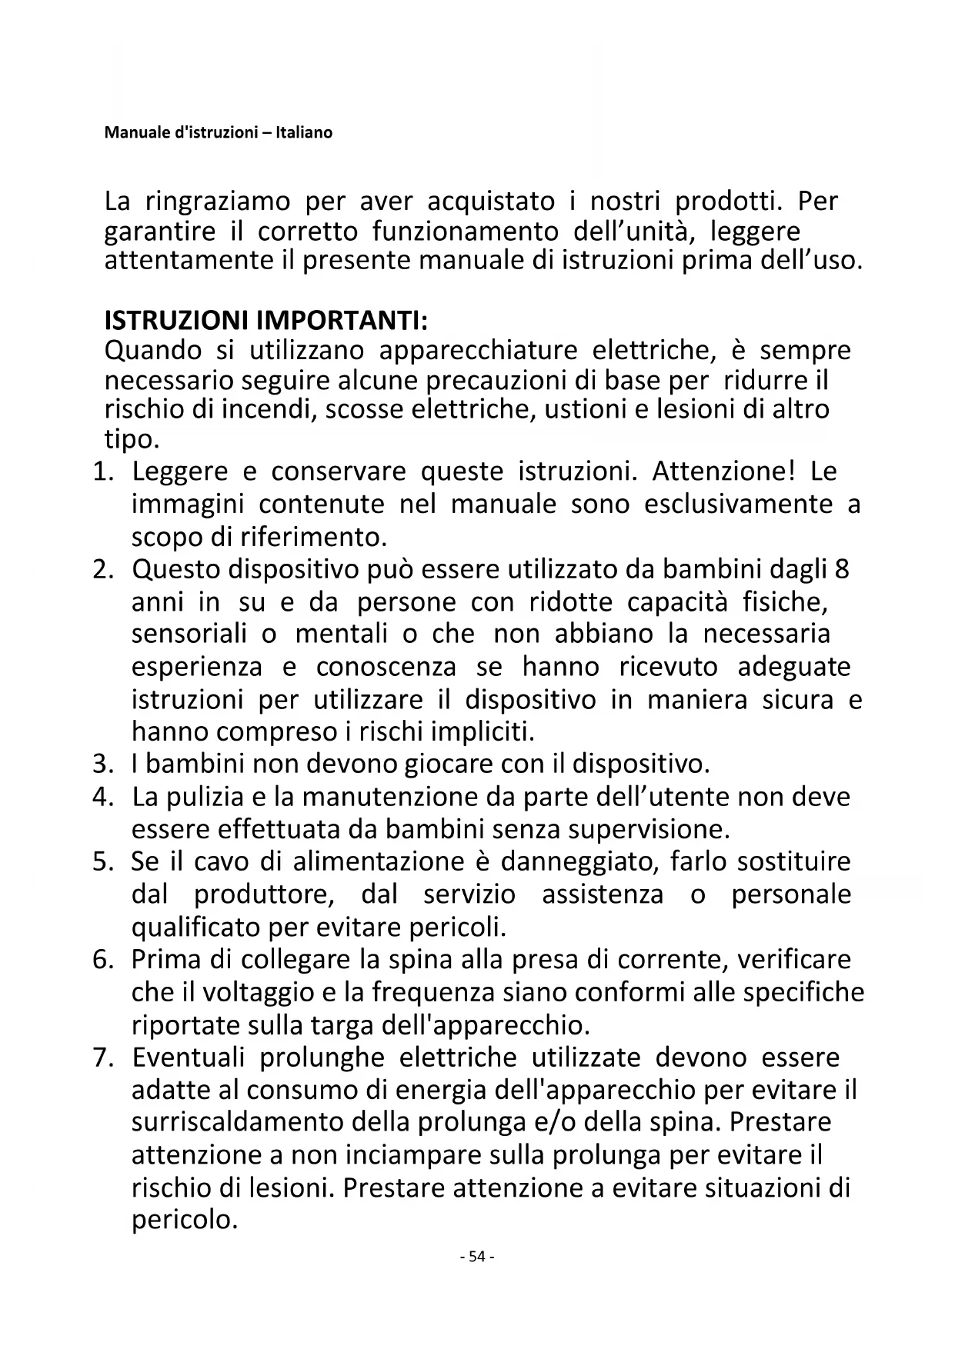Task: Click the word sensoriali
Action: point(189,635)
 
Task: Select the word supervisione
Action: point(649,830)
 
